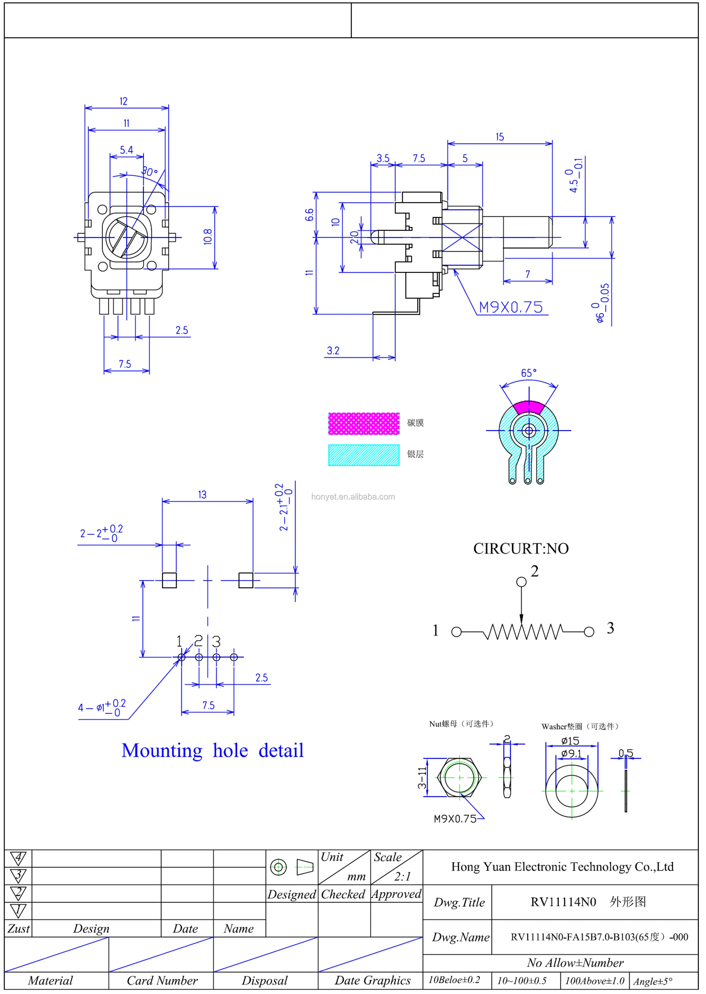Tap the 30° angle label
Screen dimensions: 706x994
click(149, 172)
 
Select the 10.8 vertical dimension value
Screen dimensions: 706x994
click(208, 237)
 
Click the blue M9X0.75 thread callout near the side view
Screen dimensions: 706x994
click(510, 307)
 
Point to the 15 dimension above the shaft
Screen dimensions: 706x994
click(500, 137)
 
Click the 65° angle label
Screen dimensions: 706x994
click(529, 373)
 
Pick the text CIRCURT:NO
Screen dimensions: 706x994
click(521, 548)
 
